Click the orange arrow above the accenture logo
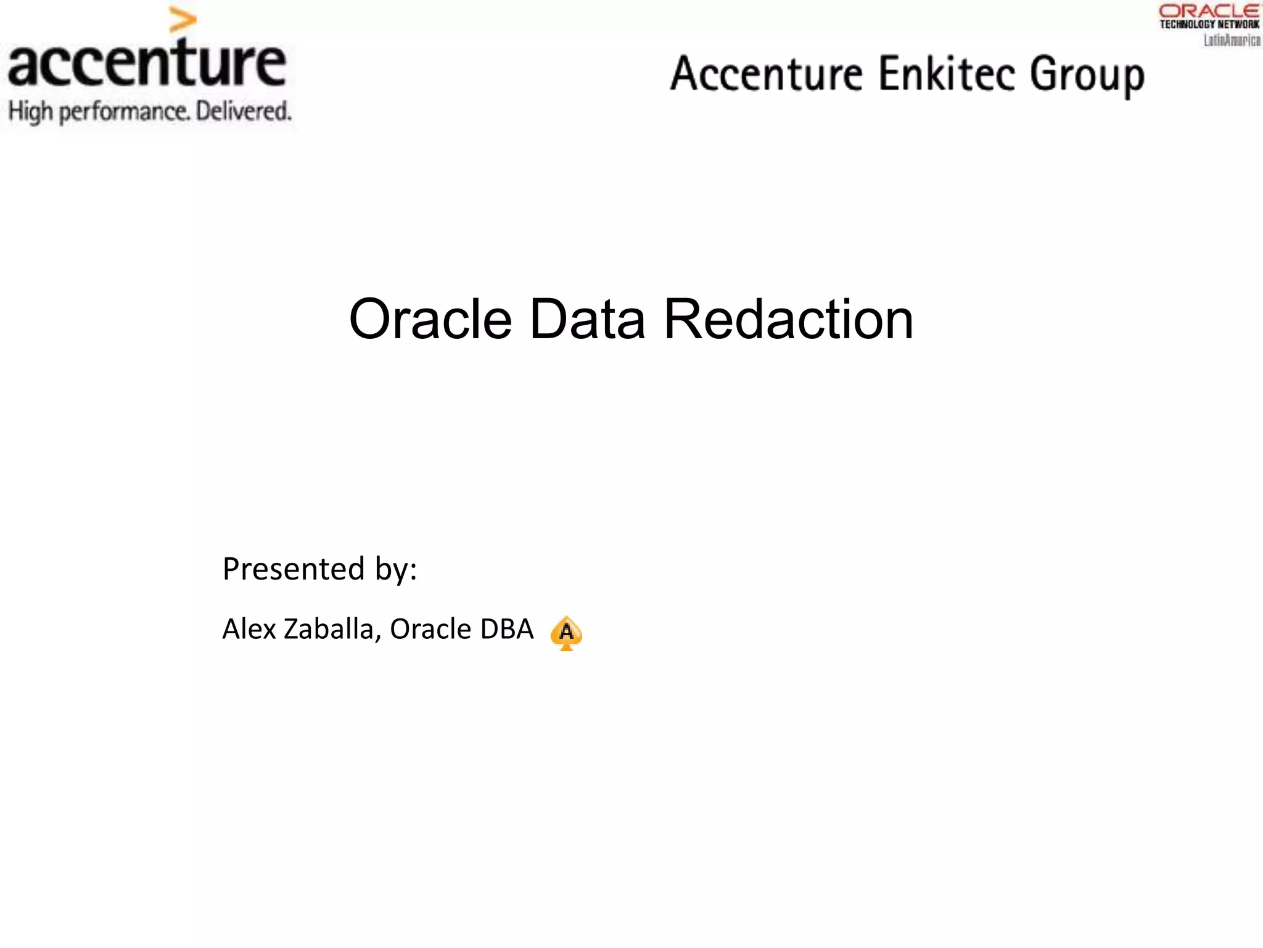pos(183,20)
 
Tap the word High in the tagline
pos(30,112)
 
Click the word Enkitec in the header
pos(946,74)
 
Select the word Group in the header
pos(1087,75)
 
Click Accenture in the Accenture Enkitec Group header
pos(767,74)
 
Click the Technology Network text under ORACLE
pos(1209,25)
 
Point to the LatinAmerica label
pos(1232,40)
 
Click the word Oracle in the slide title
pos(430,319)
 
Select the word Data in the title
pos(587,319)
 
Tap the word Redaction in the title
pos(788,319)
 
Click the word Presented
pos(294,568)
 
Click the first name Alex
pos(249,629)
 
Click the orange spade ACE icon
pos(566,633)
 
